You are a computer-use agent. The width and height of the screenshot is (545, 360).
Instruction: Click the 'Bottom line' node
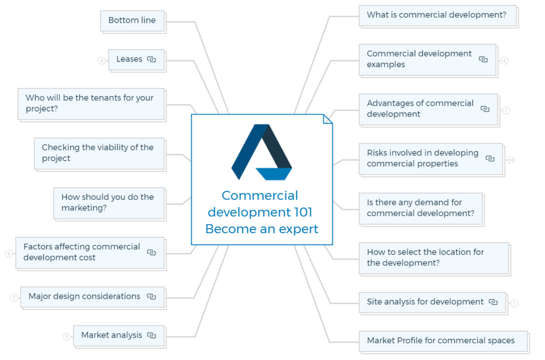[132, 21]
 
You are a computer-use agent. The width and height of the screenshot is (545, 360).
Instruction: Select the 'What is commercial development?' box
[437, 15]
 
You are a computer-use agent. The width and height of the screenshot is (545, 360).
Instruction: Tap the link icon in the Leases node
[151, 60]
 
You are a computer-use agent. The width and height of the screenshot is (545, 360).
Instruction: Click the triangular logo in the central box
[261, 152]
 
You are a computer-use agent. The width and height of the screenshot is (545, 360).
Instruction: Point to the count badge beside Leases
[102, 61]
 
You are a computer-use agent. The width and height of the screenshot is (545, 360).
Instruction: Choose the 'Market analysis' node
[112, 335]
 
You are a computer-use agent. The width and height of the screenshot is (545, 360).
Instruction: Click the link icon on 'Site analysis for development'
[493, 302]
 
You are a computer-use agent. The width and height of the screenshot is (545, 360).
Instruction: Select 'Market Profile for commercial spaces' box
[441, 341]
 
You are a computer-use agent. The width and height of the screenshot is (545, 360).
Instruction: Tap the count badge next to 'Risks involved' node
[511, 160]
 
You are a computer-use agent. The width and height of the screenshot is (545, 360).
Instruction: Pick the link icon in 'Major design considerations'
[151, 297]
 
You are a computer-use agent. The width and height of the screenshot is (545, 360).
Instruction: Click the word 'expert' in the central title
[295, 229]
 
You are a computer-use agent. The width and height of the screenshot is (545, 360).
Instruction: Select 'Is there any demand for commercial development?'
[420, 208]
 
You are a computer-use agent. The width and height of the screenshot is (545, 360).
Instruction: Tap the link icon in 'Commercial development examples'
[483, 60]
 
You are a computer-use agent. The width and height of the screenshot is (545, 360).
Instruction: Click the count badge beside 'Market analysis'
[67, 337]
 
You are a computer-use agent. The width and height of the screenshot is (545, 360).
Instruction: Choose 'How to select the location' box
[425, 258]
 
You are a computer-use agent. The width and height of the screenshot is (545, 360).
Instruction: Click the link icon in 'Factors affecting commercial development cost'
[151, 252]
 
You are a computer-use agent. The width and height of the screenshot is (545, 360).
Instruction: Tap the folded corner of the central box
[328, 119]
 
